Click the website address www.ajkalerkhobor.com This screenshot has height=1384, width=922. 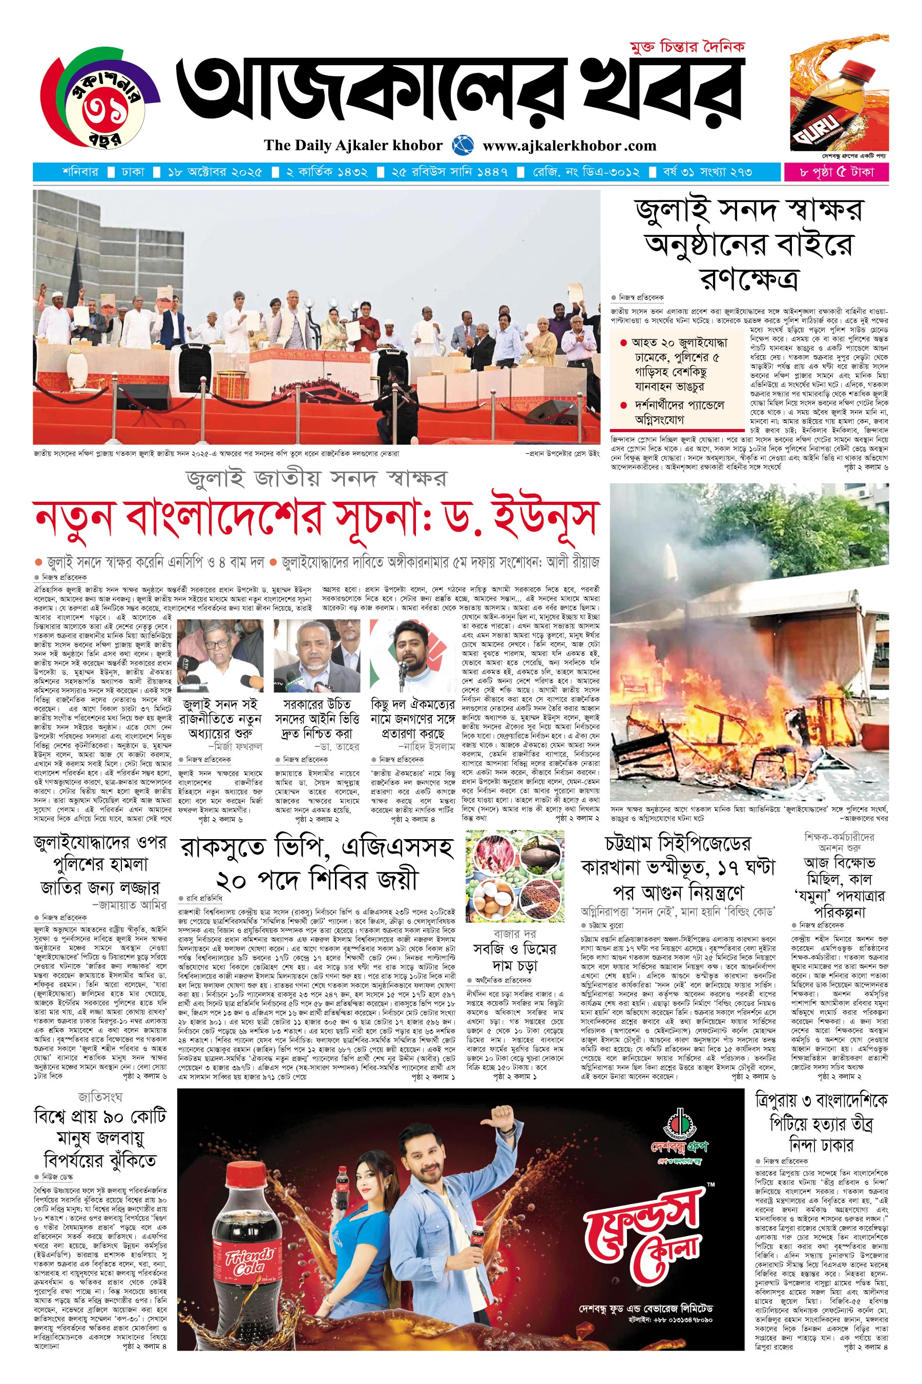569,146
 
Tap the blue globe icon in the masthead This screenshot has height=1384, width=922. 463,145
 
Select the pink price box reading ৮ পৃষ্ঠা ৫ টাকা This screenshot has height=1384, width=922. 835,172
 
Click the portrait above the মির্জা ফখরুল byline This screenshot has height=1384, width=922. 220,656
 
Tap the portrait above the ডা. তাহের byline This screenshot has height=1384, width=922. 317,656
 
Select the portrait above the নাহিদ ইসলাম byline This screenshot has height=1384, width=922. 413,656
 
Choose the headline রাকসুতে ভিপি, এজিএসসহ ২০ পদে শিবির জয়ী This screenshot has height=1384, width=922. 317,863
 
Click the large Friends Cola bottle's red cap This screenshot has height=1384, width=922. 245,1174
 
